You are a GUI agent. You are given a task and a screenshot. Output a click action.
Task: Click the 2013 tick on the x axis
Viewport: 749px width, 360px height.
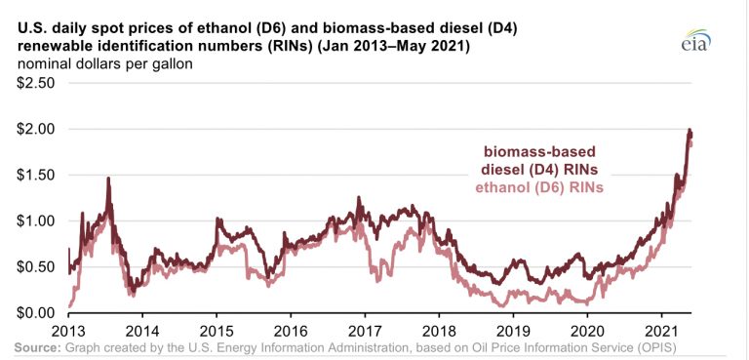[x=68, y=331]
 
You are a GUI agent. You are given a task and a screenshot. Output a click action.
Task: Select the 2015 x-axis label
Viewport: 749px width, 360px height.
[x=217, y=331]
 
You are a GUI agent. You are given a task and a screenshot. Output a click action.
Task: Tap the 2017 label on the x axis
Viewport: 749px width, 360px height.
[x=365, y=331]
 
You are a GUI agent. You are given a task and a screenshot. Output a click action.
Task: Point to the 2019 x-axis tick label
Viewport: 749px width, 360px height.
[x=514, y=331]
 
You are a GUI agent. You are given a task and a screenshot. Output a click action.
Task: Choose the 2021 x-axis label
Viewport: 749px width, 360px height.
[x=662, y=331]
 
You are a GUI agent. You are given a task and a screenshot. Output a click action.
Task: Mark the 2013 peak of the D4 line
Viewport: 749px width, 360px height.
[x=108, y=179]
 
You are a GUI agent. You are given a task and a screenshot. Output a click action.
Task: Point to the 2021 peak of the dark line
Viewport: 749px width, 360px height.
[x=690, y=131]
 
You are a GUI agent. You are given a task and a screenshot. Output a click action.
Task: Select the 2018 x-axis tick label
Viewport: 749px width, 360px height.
[x=439, y=331]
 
